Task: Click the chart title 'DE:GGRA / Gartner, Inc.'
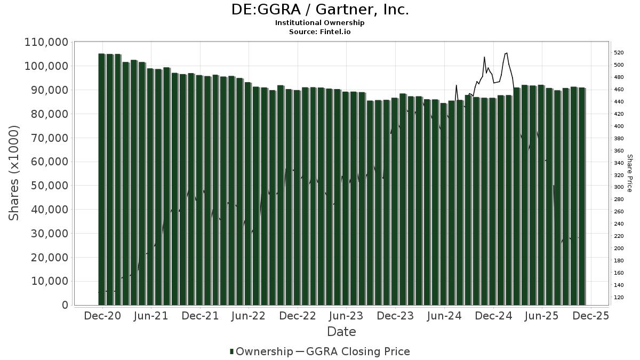tap(319, 10)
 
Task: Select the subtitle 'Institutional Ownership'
tap(319, 23)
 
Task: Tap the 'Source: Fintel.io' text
tap(319, 32)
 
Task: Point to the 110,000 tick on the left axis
tap(46, 42)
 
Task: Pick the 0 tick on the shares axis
tap(65, 305)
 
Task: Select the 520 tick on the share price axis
tap(619, 53)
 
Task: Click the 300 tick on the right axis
tap(619, 187)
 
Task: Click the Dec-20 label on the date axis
tap(102, 316)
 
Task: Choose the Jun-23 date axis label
tap(346, 316)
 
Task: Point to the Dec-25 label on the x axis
tap(590, 316)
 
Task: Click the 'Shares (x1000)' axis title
tap(14, 173)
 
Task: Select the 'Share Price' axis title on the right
tap(629, 173)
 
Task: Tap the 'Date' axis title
tap(341, 332)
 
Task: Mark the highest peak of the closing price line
tap(506, 53)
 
